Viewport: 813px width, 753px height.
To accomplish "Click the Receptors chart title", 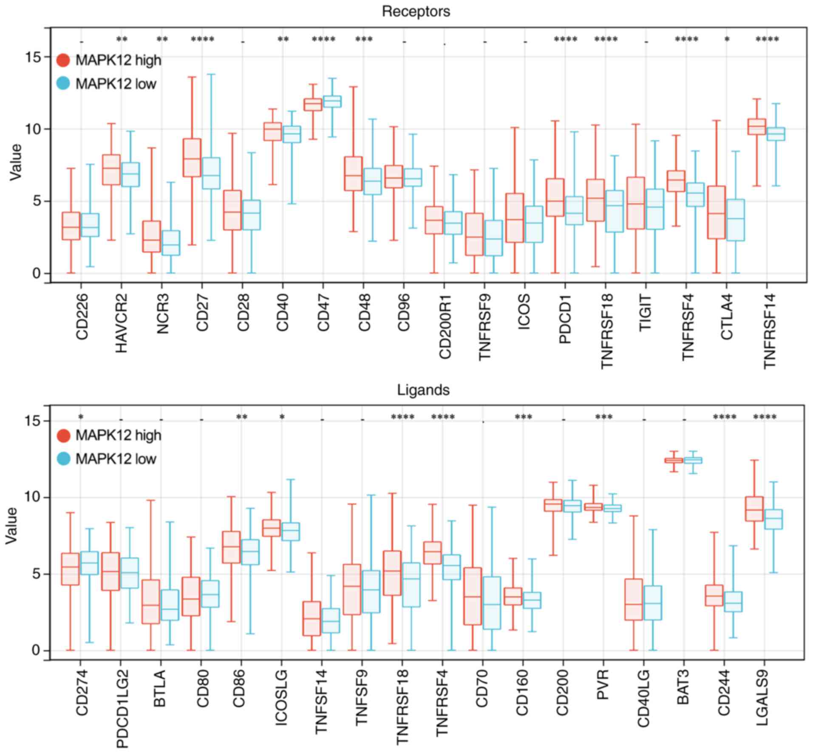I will pos(416,11).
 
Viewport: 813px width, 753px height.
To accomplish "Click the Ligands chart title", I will pos(423,390).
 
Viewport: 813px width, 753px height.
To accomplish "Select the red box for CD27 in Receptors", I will pos(192,158).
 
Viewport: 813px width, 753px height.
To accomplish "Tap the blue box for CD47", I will pos(332,102).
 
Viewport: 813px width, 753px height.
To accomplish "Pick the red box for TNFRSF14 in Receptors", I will pos(756,127).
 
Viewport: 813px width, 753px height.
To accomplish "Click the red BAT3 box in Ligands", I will pos(674,460).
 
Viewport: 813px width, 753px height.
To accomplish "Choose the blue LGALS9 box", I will pos(773,519).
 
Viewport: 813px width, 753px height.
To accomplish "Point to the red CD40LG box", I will pos(633,599).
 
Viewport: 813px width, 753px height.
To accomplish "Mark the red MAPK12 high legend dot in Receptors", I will pos(63,60).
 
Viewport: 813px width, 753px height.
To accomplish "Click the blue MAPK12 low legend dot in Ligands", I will pos(63,459).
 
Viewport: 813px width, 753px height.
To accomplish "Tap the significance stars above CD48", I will pos(364,40).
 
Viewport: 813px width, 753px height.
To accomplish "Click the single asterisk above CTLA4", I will pos(727,40).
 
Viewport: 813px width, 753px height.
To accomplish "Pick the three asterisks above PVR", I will pos(603,417).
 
